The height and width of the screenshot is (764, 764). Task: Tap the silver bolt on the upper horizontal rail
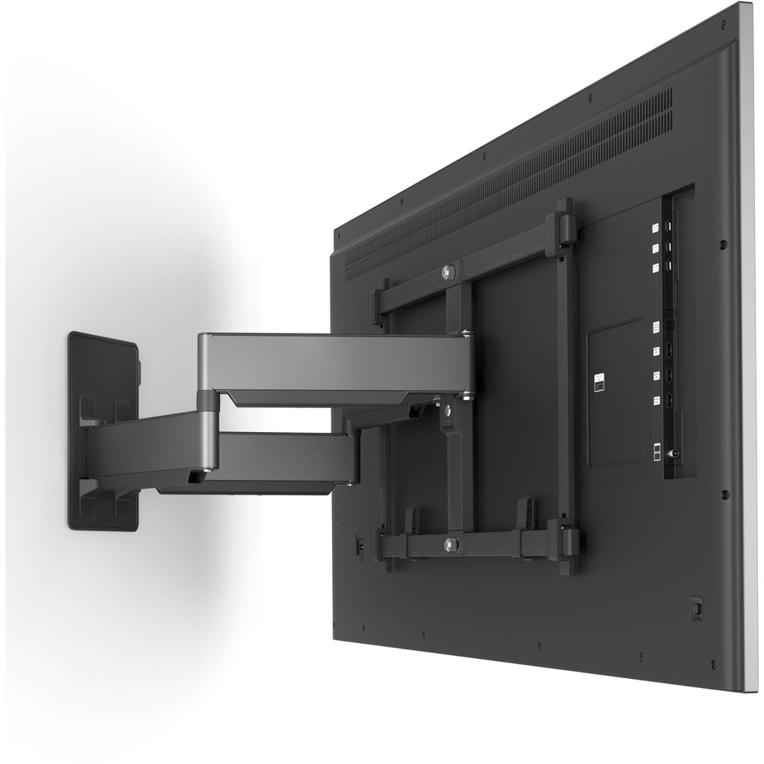448,272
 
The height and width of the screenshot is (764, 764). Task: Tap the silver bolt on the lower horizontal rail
450,544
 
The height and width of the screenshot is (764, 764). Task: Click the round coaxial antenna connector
676,452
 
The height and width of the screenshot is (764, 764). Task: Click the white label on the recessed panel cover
598,383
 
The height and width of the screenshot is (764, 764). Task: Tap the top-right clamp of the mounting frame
563,228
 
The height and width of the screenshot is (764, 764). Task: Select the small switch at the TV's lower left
360,545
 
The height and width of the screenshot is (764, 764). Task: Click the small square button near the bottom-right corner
696,608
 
